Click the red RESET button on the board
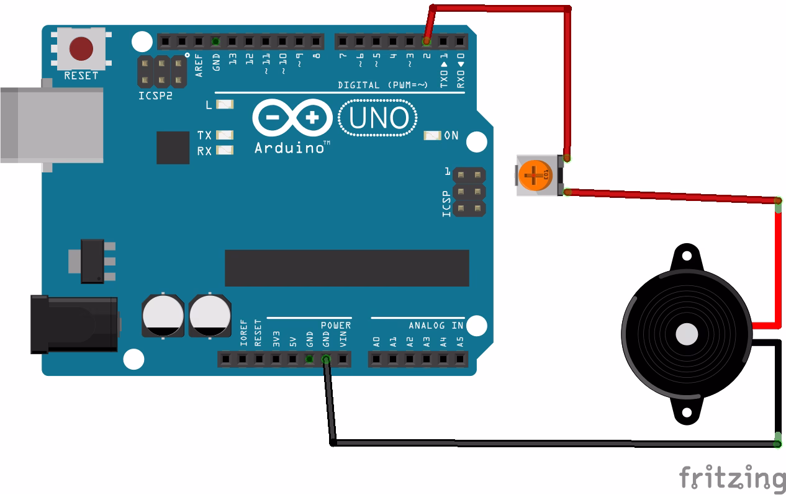tap(81, 48)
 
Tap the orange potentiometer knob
tap(533, 176)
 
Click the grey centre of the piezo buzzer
tap(686, 334)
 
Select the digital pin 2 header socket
tap(427, 42)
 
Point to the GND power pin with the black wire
tap(325, 359)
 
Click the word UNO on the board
tap(379, 118)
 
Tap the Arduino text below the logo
tap(289, 148)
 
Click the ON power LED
tap(432, 135)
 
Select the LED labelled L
tap(224, 105)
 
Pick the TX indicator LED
tap(224, 135)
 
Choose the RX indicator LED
tap(224, 150)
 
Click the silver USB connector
tap(50, 125)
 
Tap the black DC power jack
tap(75, 324)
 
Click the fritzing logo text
tap(731, 478)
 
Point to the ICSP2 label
tap(155, 96)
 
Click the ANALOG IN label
tap(436, 326)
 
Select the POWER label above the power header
tap(336, 326)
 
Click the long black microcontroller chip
tap(346, 268)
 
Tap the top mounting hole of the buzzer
tap(685, 255)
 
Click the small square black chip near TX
tap(173, 148)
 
